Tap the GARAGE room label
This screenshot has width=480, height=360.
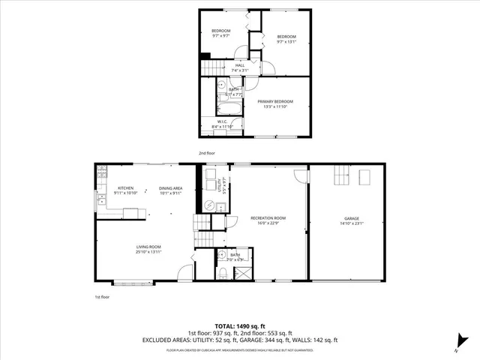(345, 218)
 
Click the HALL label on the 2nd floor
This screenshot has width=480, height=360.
(240, 65)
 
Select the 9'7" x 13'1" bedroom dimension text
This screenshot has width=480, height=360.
(286, 42)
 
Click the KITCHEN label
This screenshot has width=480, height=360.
(125, 188)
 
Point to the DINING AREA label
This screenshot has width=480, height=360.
(171, 188)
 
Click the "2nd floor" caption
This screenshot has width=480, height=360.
(206, 153)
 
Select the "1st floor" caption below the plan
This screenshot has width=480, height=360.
(103, 297)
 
